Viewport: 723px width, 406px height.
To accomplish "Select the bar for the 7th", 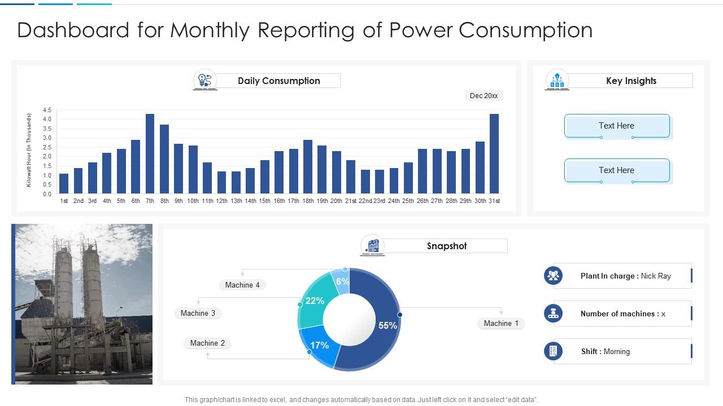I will pos(150,154).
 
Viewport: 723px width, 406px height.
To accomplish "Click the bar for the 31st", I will pos(494,154).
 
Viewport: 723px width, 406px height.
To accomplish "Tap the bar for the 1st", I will pos(64,184).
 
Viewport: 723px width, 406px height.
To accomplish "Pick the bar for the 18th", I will pos(308,167).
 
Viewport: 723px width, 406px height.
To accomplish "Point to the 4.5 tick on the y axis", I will pos(46,111).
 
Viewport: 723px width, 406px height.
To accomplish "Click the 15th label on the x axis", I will pos(264,201).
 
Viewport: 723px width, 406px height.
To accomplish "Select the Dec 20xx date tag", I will pos(484,96).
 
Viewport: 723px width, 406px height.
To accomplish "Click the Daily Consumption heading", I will pos(278,81).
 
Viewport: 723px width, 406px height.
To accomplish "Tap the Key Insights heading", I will pos(631,81).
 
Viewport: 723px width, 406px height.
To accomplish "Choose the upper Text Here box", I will pos(616,126).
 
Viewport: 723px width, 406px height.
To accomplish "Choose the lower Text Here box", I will pos(616,170).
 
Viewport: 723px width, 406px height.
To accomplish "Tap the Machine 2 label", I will pos(207,343).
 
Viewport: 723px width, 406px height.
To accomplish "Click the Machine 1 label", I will pos(500,323).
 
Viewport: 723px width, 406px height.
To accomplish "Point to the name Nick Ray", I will pos(656,276).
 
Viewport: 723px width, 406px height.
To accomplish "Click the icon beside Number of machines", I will pos(553,314).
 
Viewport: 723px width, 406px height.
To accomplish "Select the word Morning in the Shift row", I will pos(616,351).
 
